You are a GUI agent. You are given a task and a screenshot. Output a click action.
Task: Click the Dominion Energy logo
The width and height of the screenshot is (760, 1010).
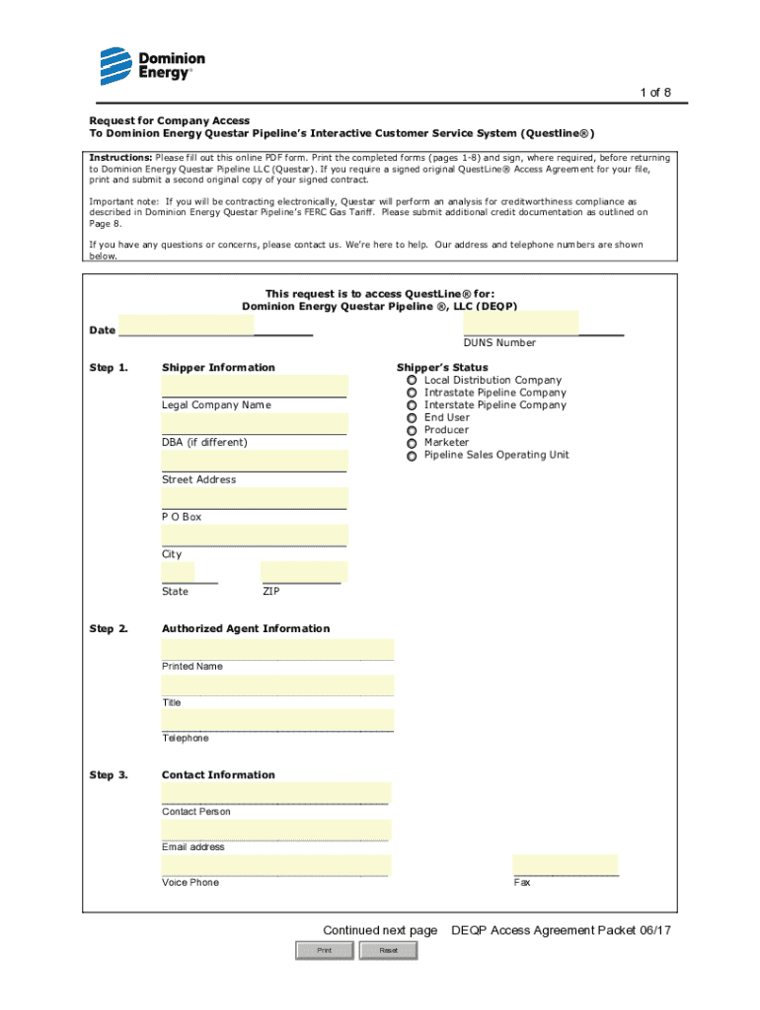[145, 65]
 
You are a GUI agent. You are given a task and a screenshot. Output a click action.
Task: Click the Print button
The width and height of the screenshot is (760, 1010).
[324, 950]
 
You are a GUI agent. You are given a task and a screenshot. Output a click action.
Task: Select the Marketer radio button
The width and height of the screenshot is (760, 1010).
[411, 443]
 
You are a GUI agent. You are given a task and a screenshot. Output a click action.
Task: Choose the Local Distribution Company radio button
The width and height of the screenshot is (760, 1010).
[411, 380]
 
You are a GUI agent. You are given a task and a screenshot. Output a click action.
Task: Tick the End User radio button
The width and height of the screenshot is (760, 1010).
[411, 417]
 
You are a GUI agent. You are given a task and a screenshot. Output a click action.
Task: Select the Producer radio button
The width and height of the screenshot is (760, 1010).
[411, 430]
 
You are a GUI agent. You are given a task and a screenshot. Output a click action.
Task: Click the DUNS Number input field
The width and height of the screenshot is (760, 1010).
[520, 323]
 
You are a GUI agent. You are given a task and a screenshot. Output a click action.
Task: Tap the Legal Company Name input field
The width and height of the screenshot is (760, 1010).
[255, 385]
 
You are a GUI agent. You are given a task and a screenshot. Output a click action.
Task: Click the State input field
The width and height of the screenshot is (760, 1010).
[178, 572]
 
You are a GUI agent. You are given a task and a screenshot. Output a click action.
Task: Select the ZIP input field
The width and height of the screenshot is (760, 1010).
[304, 572]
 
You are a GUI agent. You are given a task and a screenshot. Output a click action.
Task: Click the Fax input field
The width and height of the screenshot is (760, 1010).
[565, 864]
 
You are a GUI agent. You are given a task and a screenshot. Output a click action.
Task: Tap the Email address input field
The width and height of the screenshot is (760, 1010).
[276, 830]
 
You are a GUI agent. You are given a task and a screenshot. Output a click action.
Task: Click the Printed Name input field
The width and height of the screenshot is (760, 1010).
[277, 649]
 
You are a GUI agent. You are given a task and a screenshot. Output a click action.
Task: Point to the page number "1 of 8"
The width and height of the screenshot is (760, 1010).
[655, 93]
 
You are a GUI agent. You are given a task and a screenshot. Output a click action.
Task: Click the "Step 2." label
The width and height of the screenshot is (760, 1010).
[109, 628]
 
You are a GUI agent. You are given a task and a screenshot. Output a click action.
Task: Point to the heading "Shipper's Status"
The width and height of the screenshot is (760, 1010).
[442, 367]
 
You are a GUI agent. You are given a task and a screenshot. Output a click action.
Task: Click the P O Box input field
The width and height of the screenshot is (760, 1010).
[255, 497]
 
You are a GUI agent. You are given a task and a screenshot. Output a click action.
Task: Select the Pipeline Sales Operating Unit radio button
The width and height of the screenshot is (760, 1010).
[411, 456]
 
